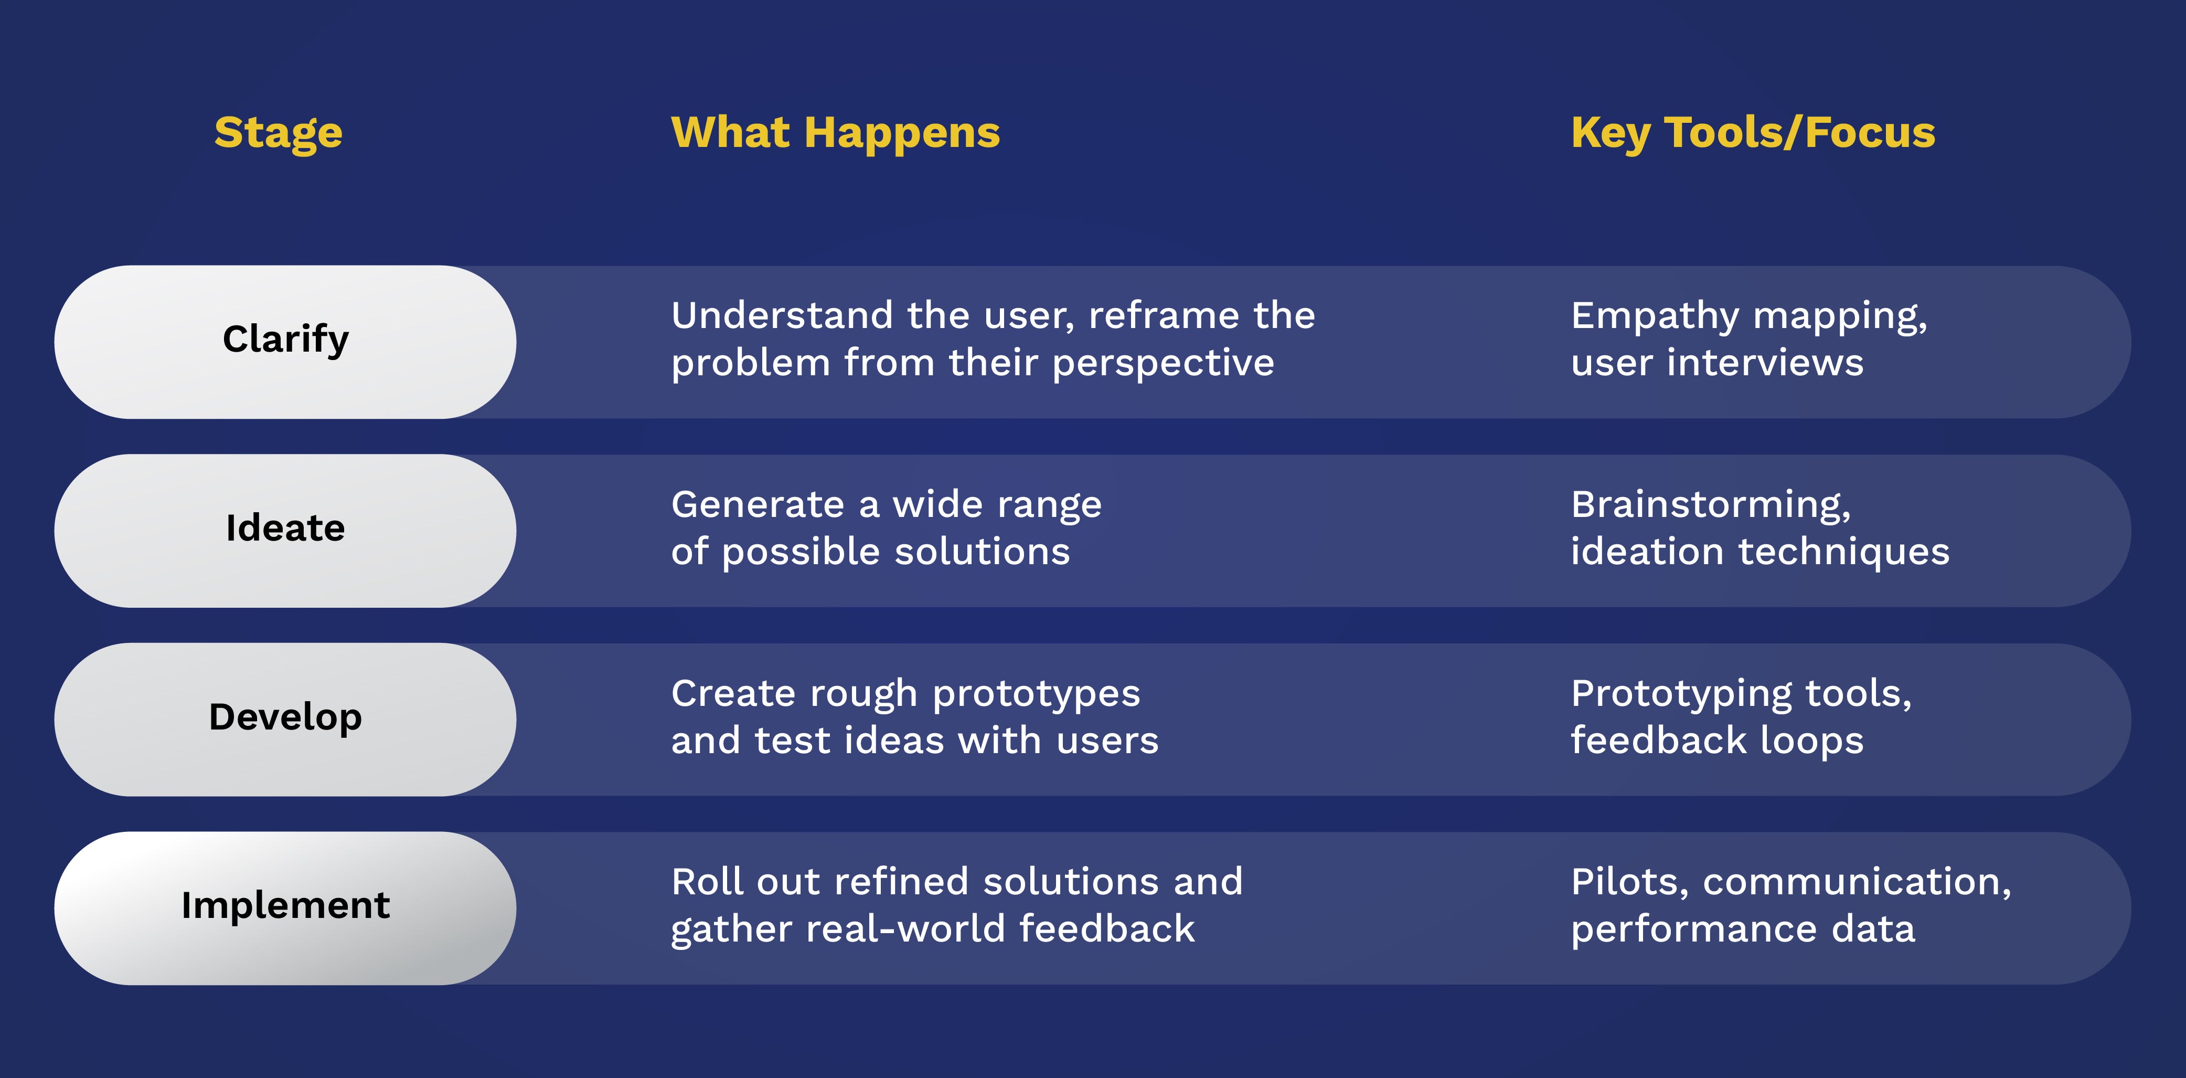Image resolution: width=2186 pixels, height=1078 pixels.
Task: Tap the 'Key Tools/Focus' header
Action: click(1753, 133)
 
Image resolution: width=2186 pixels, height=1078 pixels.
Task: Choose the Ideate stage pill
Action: click(285, 531)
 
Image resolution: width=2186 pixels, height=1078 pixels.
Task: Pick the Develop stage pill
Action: click(285, 719)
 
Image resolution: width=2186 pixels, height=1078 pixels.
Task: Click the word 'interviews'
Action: click(1765, 363)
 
